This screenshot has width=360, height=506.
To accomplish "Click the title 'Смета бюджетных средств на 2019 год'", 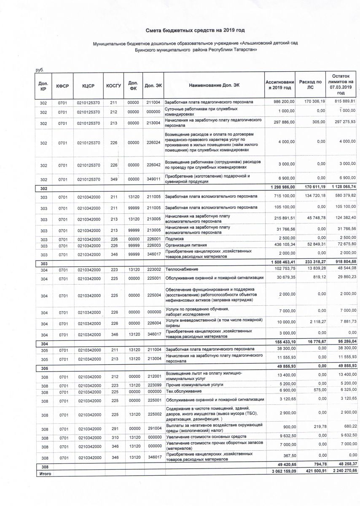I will (x=195, y=30).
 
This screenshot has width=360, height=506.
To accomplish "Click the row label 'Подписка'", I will (x=175, y=239).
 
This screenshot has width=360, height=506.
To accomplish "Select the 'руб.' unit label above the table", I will (x=40, y=70).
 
